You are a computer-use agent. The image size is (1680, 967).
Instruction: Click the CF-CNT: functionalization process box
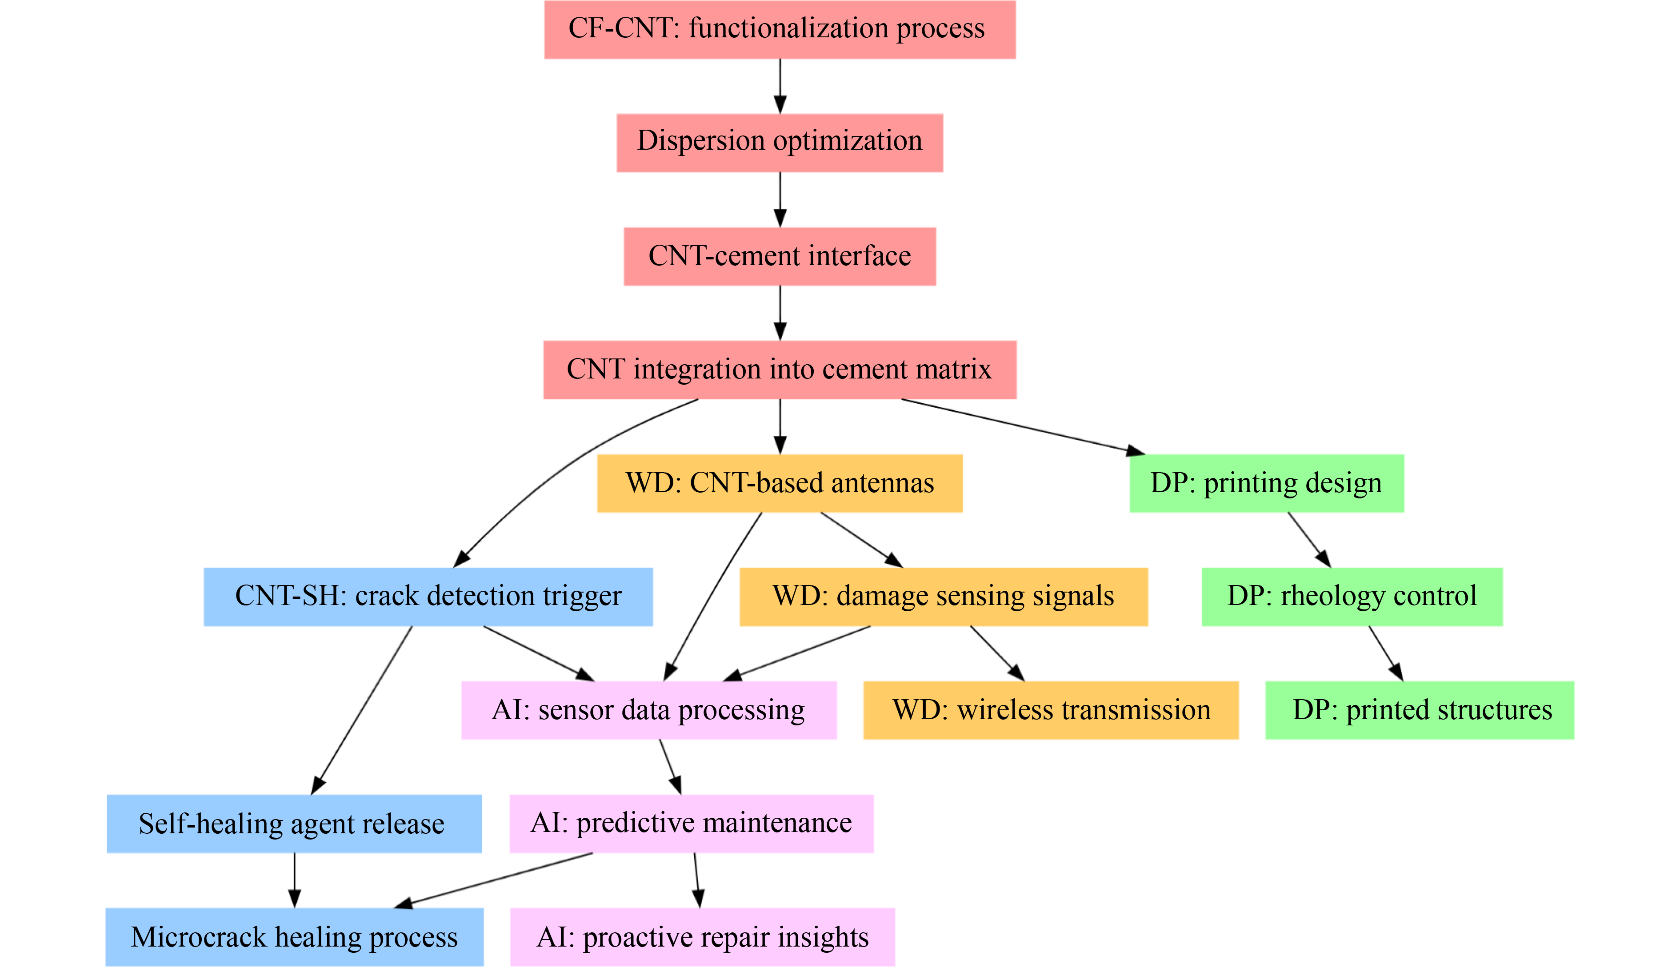coord(780,30)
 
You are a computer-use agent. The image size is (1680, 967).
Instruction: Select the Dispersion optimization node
coord(780,143)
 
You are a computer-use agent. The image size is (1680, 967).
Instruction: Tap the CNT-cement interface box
coord(780,256)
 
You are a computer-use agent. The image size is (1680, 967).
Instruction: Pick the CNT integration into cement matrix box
coord(780,370)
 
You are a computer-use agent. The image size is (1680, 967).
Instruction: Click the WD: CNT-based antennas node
coord(780,483)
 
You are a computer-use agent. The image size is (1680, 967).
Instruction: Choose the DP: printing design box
coord(1267,483)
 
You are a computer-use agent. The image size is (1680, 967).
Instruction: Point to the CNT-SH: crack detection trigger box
coord(428,597)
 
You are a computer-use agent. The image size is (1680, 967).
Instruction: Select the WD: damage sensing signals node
coord(944,597)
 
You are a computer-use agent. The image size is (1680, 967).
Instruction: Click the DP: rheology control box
coord(1352,597)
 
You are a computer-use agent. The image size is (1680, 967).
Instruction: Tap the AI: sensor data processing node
coord(648,710)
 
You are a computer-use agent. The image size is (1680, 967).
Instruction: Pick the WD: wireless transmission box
coord(1051,710)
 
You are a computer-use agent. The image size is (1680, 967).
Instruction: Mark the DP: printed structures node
coord(1420,710)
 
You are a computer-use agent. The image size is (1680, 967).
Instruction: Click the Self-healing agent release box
coord(294,824)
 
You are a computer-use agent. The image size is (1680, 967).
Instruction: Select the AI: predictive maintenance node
coord(691,824)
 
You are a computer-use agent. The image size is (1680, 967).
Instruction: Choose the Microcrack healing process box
coord(294,937)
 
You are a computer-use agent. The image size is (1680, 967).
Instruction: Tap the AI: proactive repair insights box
coord(702,937)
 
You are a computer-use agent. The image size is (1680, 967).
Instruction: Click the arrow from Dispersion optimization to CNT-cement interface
coord(780,199)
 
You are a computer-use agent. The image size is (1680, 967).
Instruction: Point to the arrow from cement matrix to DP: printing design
coord(1024,427)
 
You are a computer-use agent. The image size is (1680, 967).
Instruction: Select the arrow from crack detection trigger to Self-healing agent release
coord(362,709)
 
